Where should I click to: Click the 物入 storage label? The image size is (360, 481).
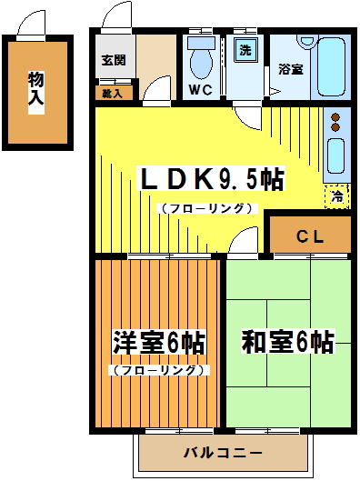point(35,89)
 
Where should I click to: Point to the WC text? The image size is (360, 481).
point(201,90)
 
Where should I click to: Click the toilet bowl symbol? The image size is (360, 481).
point(201,59)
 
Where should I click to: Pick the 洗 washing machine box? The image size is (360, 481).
point(245,51)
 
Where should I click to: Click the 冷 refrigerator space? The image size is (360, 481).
point(337,195)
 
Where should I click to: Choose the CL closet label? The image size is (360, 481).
point(310,236)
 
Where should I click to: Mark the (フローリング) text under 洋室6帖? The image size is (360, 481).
point(160,370)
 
